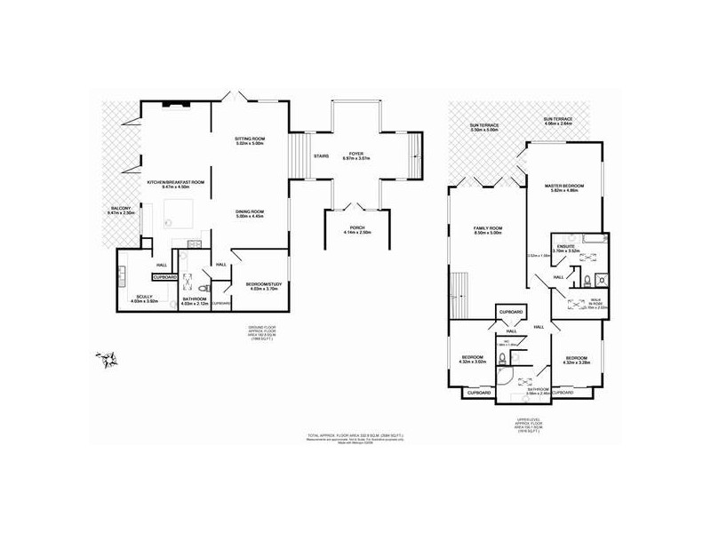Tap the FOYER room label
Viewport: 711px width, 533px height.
pyautogui.click(x=355, y=154)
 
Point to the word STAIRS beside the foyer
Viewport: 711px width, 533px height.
pyautogui.click(x=321, y=157)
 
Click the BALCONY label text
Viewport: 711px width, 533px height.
pyautogui.click(x=119, y=209)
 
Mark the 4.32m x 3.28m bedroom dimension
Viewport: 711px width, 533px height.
pyautogui.click(x=578, y=362)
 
